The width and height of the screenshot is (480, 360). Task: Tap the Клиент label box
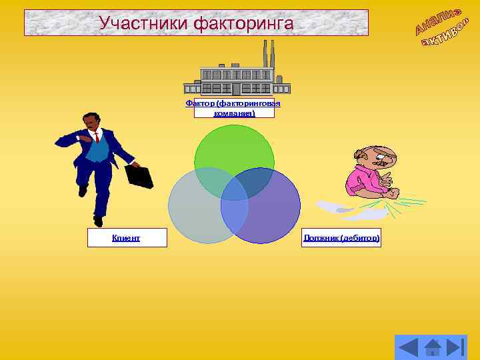[127, 237]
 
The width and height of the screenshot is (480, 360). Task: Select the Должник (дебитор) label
[341, 237]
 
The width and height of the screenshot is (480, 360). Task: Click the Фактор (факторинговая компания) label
[233, 108]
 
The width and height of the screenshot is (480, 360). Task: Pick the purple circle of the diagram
[267, 213]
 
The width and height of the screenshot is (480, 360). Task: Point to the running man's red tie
[96, 138]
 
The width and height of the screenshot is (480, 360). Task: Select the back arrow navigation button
[408, 347]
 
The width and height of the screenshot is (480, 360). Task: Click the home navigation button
[433, 347]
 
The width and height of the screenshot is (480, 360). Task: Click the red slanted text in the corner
[443, 30]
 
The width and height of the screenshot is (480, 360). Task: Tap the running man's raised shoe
[83, 191]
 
